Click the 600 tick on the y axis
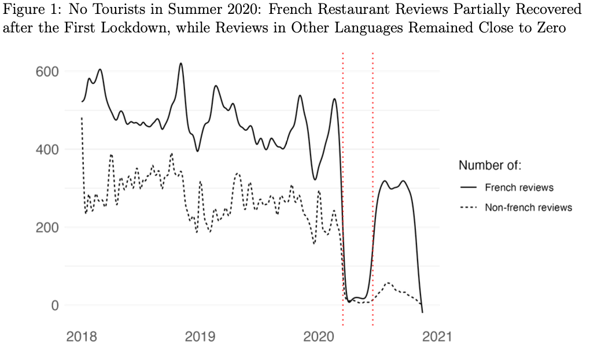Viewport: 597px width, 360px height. [x=47, y=72]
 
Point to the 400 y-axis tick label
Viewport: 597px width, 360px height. [x=47, y=149]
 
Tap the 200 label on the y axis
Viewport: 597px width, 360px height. [x=47, y=227]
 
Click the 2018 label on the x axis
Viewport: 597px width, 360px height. [x=82, y=337]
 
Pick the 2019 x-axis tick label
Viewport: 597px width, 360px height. [x=200, y=337]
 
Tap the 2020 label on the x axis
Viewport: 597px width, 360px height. [x=318, y=337]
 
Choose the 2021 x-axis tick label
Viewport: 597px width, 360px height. [x=436, y=337]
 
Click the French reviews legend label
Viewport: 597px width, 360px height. [x=519, y=188]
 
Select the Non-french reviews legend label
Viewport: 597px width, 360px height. [x=528, y=207]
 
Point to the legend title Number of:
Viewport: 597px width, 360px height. [x=490, y=166]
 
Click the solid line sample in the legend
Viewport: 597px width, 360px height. [x=467, y=188]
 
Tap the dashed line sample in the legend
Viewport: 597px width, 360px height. [x=467, y=207]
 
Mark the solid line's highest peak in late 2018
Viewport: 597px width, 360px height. [x=181, y=63]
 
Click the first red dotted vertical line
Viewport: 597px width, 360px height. [x=343, y=174]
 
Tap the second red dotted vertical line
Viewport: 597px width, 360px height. [x=373, y=174]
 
